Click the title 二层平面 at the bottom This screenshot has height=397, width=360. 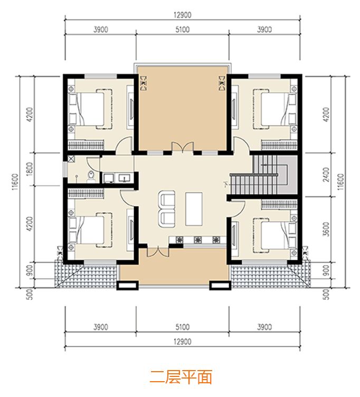(x=181, y=377)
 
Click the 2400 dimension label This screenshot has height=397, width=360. (x=327, y=174)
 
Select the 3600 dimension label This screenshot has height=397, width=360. (x=327, y=230)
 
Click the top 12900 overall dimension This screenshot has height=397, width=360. (x=182, y=15)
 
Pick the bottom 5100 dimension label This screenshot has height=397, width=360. (x=182, y=327)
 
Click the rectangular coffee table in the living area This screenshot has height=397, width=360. (x=194, y=209)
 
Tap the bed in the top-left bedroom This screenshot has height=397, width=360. (x=91, y=109)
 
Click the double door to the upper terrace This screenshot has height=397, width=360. (x=183, y=147)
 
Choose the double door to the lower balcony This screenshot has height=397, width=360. (x=158, y=251)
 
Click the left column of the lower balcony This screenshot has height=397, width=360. (x=128, y=285)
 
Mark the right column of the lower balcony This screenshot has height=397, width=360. (x=220, y=285)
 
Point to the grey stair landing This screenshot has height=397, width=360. (x=287, y=175)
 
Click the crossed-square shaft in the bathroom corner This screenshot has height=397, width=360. (x=71, y=159)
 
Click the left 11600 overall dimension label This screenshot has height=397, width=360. (x=15, y=182)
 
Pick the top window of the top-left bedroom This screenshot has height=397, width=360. (x=100, y=76)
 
